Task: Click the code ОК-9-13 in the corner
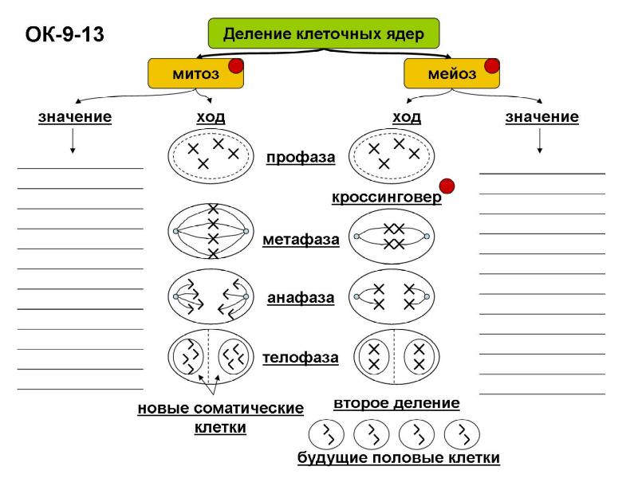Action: pos(65,35)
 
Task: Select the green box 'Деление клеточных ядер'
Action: pos(322,34)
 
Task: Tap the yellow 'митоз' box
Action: pos(195,73)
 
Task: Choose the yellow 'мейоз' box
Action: pos(451,73)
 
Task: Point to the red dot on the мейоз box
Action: pos(492,65)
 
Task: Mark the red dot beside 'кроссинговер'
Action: pos(447,186)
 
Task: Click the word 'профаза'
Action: pos(301,157)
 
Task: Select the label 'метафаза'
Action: pos(301,239)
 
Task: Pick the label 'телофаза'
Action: pos(301,358)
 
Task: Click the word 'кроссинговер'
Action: pos(387,198)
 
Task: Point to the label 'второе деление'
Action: pos(396,403)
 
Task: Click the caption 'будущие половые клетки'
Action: pos(399,458)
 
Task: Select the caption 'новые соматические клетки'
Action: pos(221,417)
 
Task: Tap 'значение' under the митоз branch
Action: pos(75,117)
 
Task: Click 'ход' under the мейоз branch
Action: pos(407,117)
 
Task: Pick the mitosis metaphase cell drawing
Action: pos(211,232)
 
